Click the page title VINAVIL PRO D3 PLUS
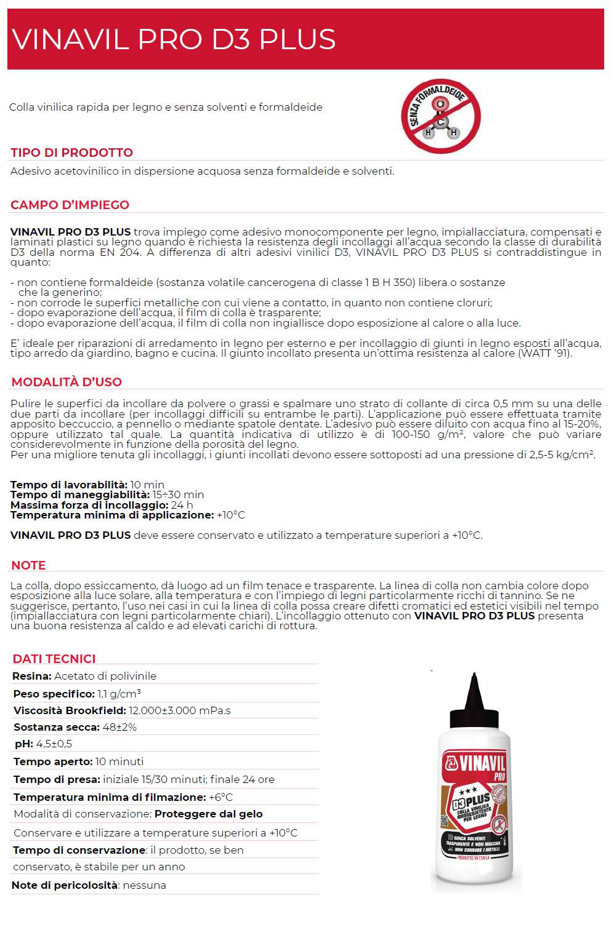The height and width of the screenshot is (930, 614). [x=174, y=39]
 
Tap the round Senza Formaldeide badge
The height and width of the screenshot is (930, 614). [x=440, y=116]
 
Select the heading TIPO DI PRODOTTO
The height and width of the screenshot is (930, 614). [x=71, y=153]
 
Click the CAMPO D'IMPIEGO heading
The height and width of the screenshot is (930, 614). [x=70, y=205]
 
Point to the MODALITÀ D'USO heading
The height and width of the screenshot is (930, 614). [x=67, y=382]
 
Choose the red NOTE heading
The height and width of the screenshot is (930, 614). [x=28, y=565]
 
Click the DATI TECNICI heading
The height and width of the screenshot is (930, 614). [x=54, y=659]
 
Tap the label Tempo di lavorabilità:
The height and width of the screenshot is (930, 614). [x=69, y=485]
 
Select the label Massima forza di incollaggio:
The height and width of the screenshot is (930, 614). [x=89, y=505]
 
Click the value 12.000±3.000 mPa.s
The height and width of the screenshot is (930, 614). [x=180, y=710]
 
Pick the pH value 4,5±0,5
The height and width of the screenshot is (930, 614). [x=54, y=744]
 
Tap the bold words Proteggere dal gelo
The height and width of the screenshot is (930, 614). [x=208, y=814]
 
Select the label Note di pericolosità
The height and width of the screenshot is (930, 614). [x=65, y=885]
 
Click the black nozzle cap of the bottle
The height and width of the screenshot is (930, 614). [x=473, y=701]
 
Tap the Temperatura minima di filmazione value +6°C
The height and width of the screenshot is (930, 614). [x=220, y=797]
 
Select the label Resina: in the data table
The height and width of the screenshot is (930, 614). [x=31, y=676]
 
